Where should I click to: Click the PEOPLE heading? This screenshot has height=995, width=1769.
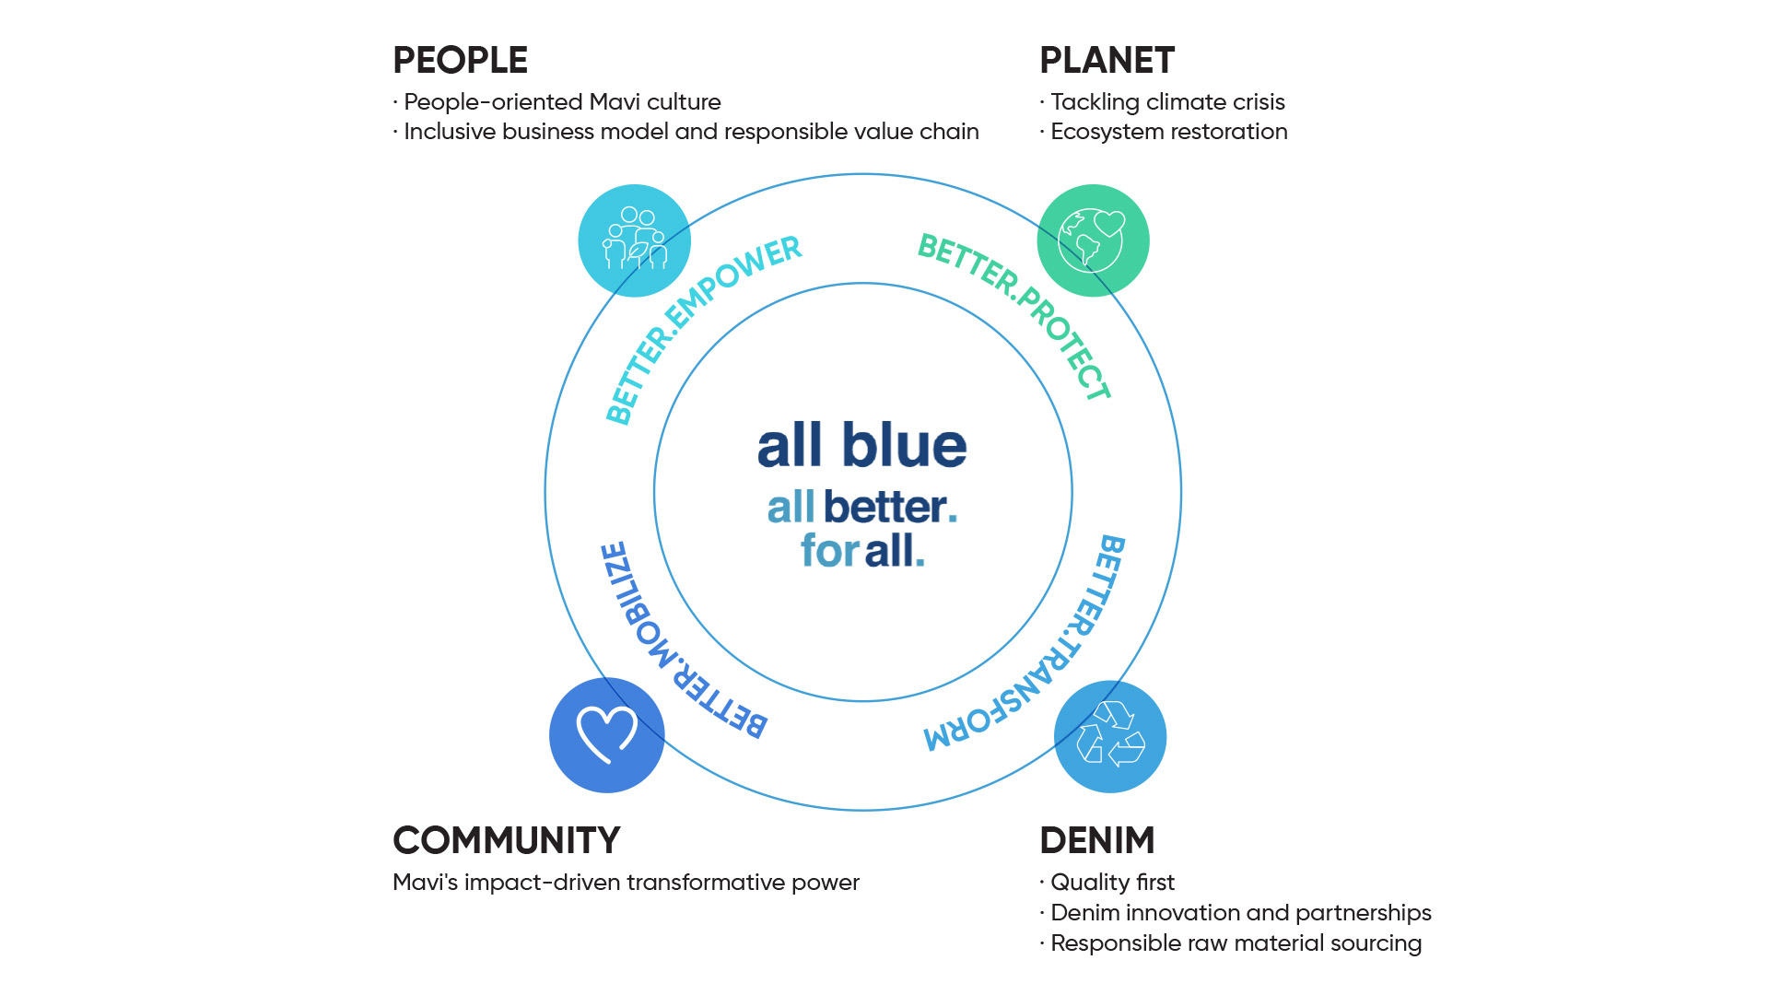click(460, 61)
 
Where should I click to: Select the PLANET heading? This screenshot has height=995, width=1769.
click(1107, 61)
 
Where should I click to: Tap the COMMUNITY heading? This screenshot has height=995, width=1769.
click(506, 840)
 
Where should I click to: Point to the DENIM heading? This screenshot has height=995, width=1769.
click(1096, 840)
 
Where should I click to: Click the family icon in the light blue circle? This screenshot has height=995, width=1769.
click(634, 240)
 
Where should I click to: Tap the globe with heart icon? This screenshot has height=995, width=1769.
click(1093, 240)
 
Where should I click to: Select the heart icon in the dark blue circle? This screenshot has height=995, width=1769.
click(606, 734)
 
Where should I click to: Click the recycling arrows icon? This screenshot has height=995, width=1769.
click(1110, 735)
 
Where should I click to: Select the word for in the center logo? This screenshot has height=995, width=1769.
click(829, 551)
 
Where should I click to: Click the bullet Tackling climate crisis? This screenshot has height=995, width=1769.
click(1166, 102)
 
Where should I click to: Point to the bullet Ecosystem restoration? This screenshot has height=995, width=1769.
click(1168, 132)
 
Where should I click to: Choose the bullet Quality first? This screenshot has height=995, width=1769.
click(1112, 883)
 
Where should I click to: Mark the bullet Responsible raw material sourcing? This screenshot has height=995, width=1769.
click(1236, 943)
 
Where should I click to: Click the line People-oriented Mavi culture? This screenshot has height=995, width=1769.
click(562, 102)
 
